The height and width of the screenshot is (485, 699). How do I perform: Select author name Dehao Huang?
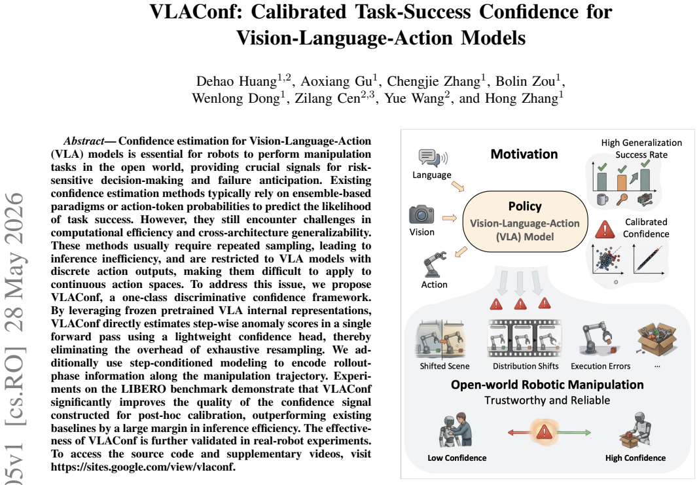point(237,82)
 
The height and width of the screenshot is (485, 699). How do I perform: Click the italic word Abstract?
point(83,141)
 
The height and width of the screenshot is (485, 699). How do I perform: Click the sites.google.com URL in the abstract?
point(142,467)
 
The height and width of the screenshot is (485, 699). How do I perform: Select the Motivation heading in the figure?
point(524,154)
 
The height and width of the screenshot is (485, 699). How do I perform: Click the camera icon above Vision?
point(421,215)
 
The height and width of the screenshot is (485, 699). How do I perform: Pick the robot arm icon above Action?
point(434,264)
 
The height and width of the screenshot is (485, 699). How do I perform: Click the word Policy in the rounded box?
point(525,206)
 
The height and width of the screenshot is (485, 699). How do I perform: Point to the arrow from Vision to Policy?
point(450,218)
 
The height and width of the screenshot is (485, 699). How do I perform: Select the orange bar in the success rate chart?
point(621,183)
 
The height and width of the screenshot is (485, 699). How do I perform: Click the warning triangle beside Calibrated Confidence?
point(605,229)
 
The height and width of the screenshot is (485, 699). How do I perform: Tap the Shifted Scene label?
point(444,366)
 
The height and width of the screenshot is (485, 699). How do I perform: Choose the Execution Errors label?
point(600,366)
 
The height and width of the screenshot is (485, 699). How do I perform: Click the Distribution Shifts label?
point(526,366)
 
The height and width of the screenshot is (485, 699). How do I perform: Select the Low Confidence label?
point(457,458)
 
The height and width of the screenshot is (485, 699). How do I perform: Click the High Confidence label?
point(636,458)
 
